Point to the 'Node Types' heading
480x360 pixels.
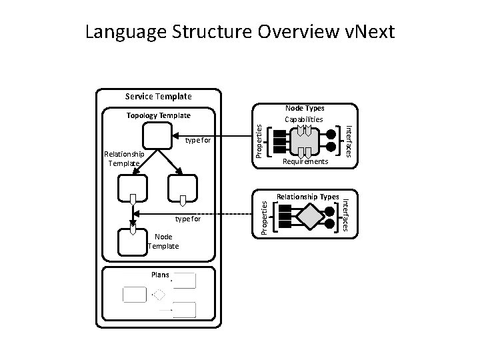tap(305, 109)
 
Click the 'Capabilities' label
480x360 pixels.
tap(304, 119)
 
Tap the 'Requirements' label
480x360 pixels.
tap(305, 162)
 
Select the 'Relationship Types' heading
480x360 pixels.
tap(308, 197)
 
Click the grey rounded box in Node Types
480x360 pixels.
tap(304, 141)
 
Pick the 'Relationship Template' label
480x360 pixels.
tap(123, 159)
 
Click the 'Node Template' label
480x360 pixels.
tap(163, 241)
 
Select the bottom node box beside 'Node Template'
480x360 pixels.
tap(132, 242)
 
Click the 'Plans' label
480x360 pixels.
tap(160, 274)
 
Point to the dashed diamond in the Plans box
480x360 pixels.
tap(159, 294)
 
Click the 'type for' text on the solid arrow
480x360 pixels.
tap(198, 141)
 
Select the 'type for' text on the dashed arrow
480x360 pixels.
tap(188, 218)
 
